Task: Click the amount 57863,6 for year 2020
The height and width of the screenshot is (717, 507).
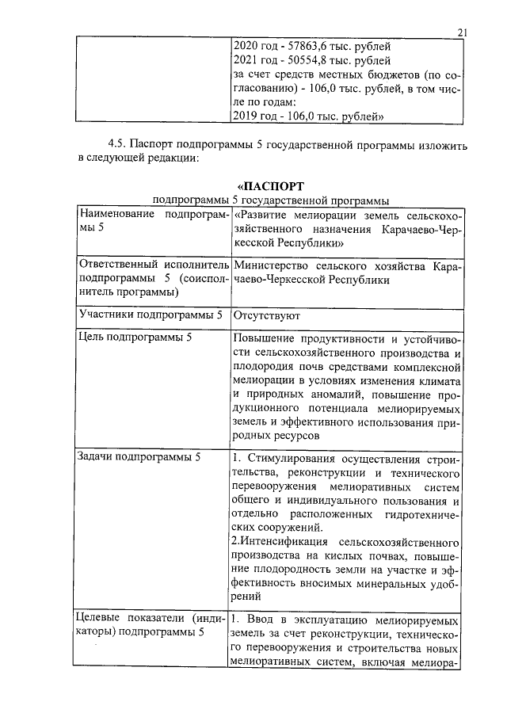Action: [x=307, y=45]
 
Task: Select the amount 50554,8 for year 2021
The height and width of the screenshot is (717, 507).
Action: [x=307, y=59]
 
